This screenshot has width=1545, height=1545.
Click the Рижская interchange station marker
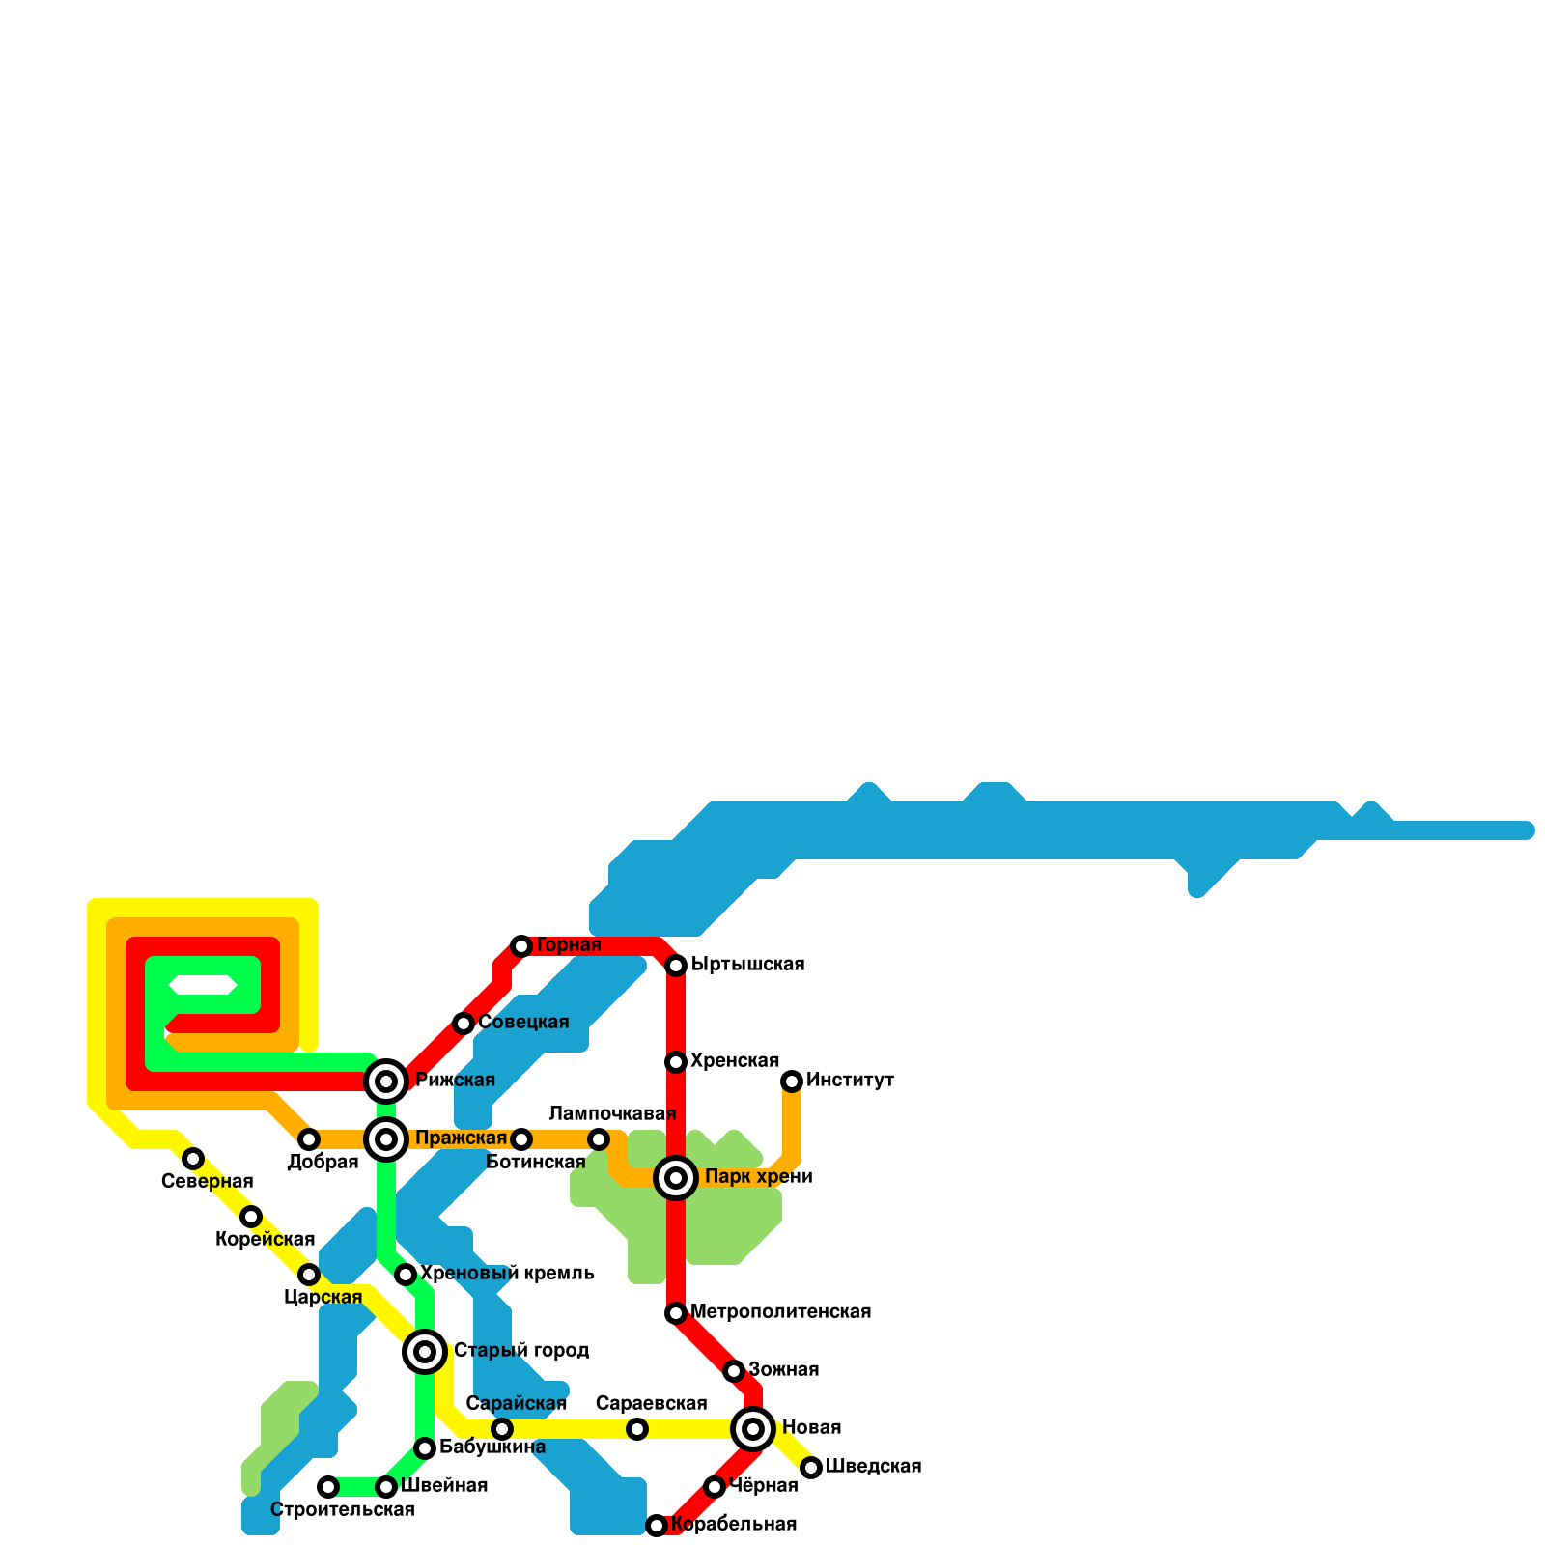pyautogui.click(x=386, y=1081)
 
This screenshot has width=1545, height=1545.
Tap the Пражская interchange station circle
pyautogui.click(x=386, y=1139)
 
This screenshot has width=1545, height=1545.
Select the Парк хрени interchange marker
pyautogui.click(x=676, y=1178)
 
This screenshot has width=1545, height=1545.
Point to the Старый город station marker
pyautogui.click(x=425, y=1352)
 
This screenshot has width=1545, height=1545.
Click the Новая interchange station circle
pyautogui.click(x=753, y=1429)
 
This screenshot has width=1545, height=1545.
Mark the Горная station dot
pyautogui.click(x=521, y=946)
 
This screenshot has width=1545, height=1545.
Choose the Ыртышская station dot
pyautogui.click(x=676, y=966)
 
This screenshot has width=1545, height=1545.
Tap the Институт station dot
pyautogui.click(x=792, y=1081)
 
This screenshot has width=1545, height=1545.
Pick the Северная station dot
pyautogui.click(x=193, y=1159)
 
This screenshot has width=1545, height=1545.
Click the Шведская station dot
pyautogui.click(x=811, y=1468)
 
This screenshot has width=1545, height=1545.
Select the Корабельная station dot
pyautogui.click(x=657, y=1526)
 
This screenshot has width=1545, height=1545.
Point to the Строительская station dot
pyautogui.click(x=328, y=1487)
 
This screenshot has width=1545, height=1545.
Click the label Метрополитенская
pyautogui.click(x=781, y=1312)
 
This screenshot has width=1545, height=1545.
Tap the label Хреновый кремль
pyautogui.click(x=507, y=1274)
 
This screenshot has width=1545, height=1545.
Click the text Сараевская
pyautogui.click(x=652, y=1404)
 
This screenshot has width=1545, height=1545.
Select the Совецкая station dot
pyautogui.click(x=463, y=1024)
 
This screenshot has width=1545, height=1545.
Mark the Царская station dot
pyautogui.click(x=309, y=1275)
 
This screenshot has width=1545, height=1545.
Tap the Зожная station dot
pyautogui.click(x=734, y=1371)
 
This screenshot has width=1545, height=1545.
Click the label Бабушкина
pyautogui.click(x=492, y=1447)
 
